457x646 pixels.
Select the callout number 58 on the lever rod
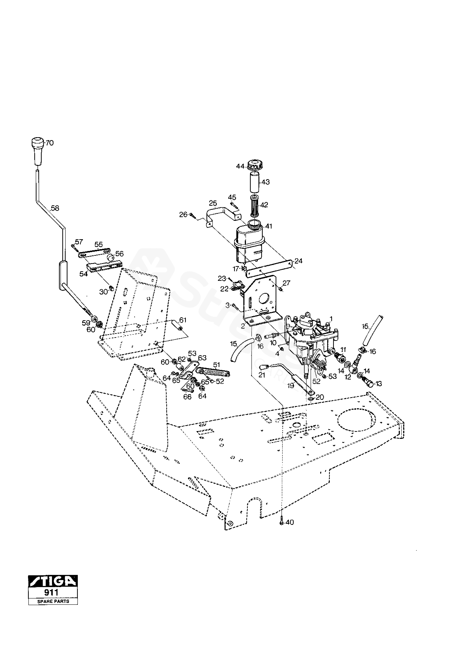click(55, 208)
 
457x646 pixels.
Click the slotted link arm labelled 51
click(213, 373)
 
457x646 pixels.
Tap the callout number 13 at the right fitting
click(379, 384)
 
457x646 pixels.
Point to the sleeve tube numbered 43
click(255, 182)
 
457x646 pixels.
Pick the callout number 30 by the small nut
click(103, 292)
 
